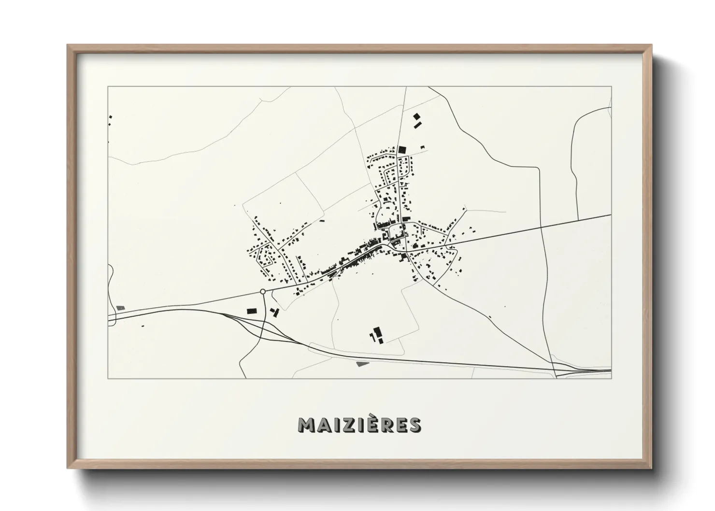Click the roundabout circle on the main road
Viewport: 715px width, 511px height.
click(x=262, y=291)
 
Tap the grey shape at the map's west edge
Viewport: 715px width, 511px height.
click(x=120, y=308)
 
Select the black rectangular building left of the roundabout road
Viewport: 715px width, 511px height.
click(x=251, y=311)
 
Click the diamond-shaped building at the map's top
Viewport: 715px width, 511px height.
click(x=416, y=116)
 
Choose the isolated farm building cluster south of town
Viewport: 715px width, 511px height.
click(x=376, y=334)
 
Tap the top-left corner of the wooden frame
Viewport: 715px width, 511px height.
click(x=69, y=46)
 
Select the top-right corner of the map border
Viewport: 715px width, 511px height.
click(x=611, y=87)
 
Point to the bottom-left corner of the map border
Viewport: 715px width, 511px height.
click(x=108, y=378)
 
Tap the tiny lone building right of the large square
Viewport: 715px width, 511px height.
click(x=423, y=147)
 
